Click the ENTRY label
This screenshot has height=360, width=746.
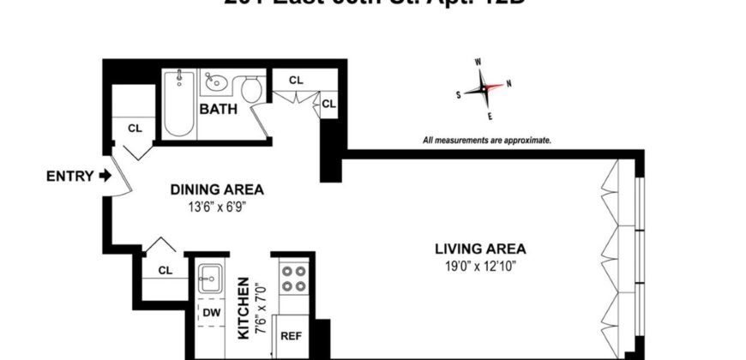click(x=68, y=177)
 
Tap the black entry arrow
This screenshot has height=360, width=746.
click(x=105, y=177)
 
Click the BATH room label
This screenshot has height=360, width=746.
click(x=219, y=109)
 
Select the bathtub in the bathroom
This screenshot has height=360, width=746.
click(x=179, y=104)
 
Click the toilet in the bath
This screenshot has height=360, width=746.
click(x=251, y=88)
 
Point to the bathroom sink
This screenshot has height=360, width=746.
click(x=214, y=84)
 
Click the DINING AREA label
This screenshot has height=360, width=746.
click(x=216, y=189)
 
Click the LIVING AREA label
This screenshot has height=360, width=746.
click(x=479, y=249)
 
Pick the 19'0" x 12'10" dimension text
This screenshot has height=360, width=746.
click(x=479, y=266)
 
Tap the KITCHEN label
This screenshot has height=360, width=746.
click(x=244, y=307)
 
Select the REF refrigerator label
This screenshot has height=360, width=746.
click(x=291, y=336)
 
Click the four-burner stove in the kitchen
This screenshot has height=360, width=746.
click(x=293, y=278)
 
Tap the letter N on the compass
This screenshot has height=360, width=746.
click(x=509, y=83)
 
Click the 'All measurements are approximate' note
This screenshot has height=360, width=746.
click(x=486, y=140)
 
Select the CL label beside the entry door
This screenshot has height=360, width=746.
click(x=135, y=128)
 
